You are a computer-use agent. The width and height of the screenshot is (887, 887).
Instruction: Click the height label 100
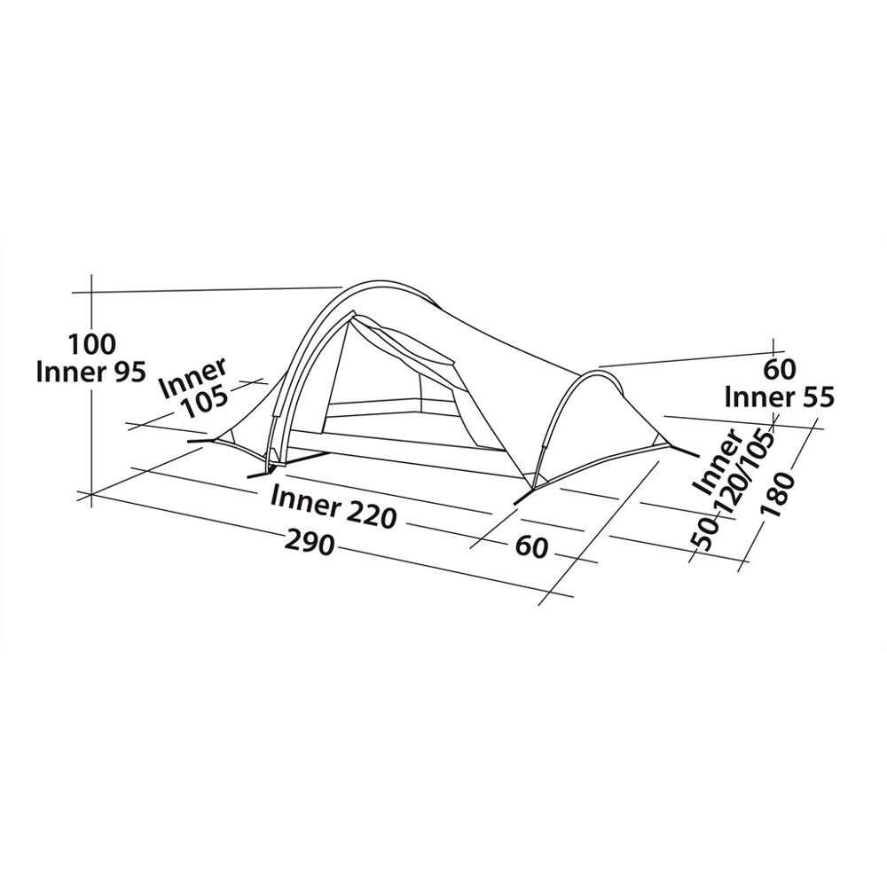91,343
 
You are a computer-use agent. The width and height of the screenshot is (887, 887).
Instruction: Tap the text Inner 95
91,373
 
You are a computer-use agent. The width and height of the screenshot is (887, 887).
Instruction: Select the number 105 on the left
202,403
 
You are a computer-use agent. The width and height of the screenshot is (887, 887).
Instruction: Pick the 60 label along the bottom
531,546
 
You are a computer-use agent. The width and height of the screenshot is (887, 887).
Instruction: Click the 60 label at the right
779,369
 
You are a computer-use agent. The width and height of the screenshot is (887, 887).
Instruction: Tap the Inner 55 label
779,397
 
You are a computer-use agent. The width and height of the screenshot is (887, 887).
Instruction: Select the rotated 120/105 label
746,474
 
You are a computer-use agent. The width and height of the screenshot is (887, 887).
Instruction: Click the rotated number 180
779,494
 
